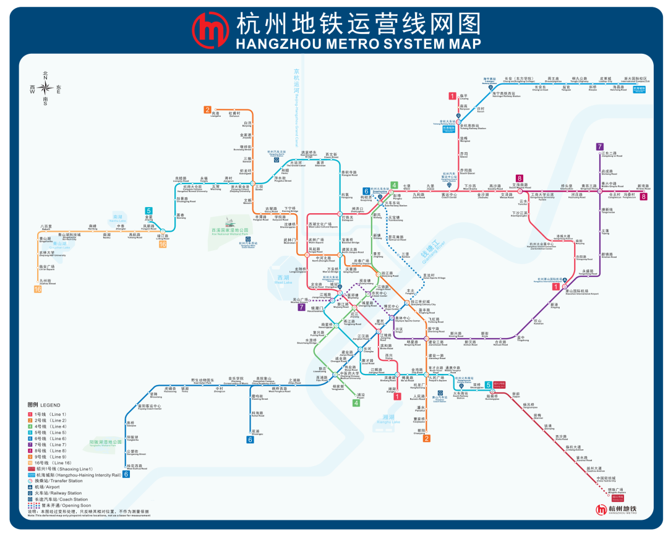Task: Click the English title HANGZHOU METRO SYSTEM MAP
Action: coord(358,44)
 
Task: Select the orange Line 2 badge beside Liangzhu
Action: coord(207,110)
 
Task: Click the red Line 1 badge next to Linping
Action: coord(452,95)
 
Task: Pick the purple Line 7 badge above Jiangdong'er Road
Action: coord(599,146)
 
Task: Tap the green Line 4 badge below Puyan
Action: coord(356,403)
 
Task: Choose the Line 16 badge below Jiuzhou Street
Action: coord(38,289)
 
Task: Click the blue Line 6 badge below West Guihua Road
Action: coord(126,474)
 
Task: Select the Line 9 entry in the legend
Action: coord(50,457)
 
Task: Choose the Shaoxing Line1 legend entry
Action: coord(56,469)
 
